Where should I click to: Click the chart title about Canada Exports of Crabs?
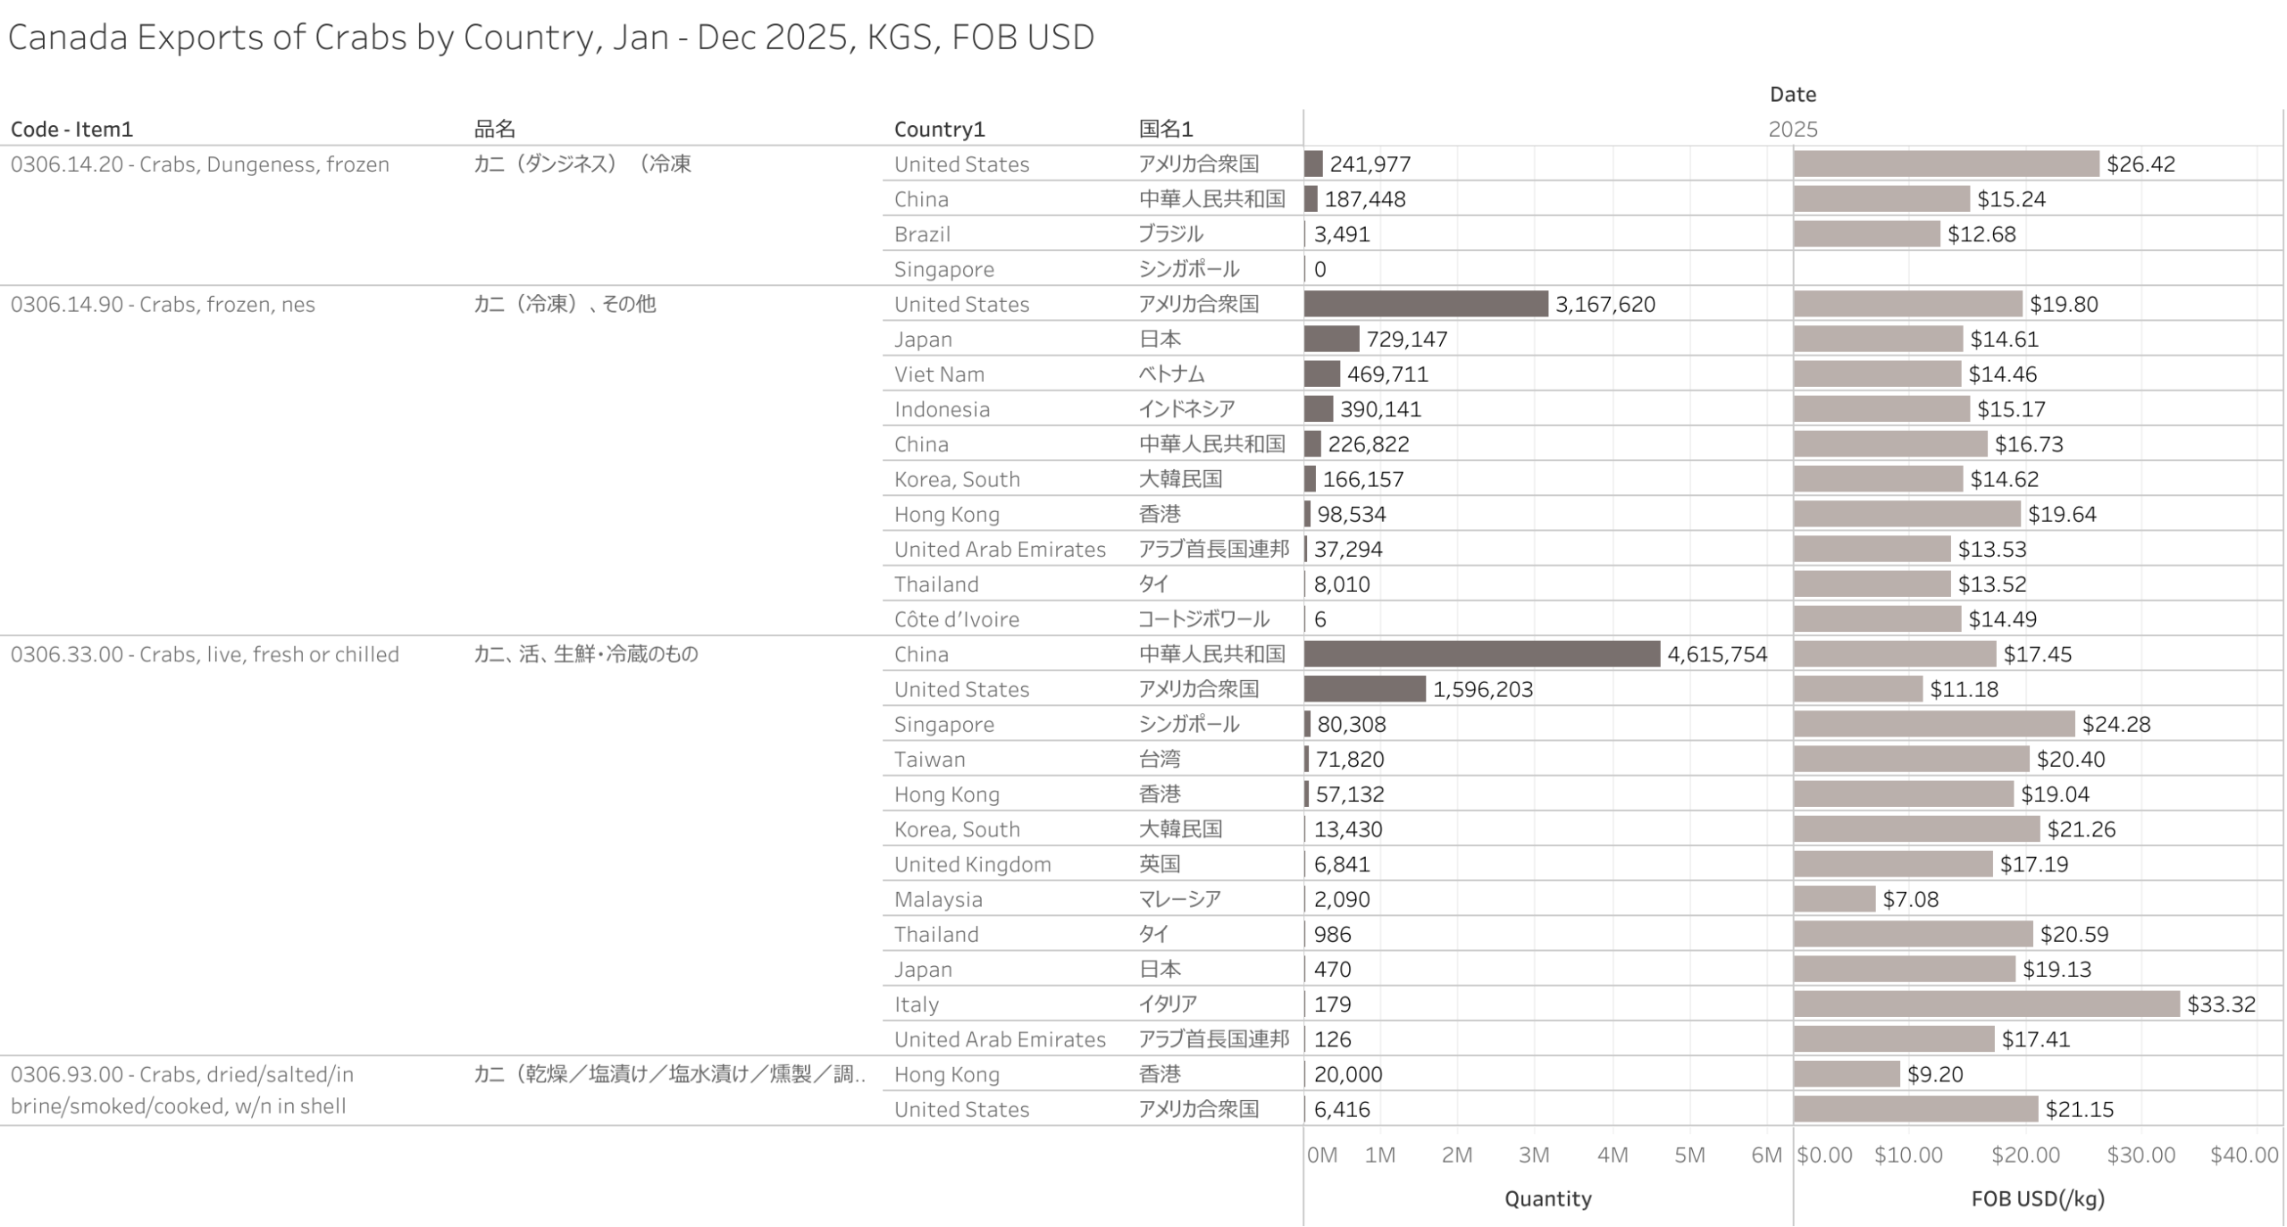550,38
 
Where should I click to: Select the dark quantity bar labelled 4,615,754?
1480,653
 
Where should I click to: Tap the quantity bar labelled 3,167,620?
1425,304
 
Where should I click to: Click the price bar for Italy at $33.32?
1985,1004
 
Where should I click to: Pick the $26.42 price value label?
2140,164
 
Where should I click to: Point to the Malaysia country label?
937,899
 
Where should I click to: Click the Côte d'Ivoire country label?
956,619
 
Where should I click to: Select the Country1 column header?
939,130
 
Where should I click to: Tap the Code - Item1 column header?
71,130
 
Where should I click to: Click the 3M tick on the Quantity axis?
1533,1155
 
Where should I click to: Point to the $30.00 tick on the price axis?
2140,1155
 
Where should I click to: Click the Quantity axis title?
1547,1198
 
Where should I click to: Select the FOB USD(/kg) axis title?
2037,1198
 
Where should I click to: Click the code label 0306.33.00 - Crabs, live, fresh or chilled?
205,654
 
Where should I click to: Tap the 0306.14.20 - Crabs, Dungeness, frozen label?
199,164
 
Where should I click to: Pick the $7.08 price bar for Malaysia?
1833,899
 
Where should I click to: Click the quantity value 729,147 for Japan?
1406,340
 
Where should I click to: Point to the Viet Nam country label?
938,374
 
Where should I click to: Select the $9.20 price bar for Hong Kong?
1846,1073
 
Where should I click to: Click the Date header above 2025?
1792,95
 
